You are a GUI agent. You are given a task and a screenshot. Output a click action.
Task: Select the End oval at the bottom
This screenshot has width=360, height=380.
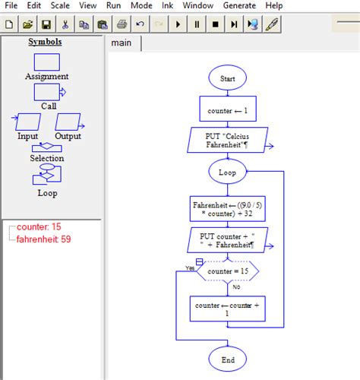pyautogui.click(x=228, y=359)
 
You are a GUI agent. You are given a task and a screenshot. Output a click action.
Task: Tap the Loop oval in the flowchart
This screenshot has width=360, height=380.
pyautogui.click(x=228, y=173)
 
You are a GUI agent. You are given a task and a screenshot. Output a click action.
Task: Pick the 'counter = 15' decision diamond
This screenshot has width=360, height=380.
pyautogui.click(x=228, y=271)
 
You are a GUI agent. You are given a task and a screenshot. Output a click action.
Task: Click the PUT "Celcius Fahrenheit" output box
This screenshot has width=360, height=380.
pyautogui.click(x=228, y=140)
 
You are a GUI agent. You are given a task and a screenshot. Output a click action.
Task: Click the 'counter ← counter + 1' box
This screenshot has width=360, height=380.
pyautogui.click(x=228, y=309)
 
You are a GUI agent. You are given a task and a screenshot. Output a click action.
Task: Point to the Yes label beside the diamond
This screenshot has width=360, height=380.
pyautogui.click(x=191, y=268)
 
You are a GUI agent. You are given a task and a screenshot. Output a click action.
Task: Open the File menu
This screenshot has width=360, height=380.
pyautogui.click(x=12, y=6)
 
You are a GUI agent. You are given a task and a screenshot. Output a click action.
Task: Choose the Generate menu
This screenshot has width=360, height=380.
pyautogui.click(x=239, y=6)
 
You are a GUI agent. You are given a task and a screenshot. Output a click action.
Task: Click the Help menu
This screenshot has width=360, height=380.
pyautogui.click(x=274, y=6)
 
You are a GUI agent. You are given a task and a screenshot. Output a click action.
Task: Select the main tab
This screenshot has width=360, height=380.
pyautogui.click(x=122, y=43)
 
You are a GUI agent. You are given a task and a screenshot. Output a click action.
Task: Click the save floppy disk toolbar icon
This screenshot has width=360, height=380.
pyautogui.click(x=46, y=24)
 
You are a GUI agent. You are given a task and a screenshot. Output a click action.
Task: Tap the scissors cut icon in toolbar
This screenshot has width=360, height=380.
pyautogui.click(x=65, y=24)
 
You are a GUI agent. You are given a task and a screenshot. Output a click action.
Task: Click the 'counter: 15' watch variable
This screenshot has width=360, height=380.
pyautogui.click(x=39, y=227)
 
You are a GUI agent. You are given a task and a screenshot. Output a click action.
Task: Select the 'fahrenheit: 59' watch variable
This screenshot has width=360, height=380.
pyautogui.click(x=44, y=239)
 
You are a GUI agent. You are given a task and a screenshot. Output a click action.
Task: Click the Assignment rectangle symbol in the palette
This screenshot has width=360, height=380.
pyautogui.click(x=46, y=62)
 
